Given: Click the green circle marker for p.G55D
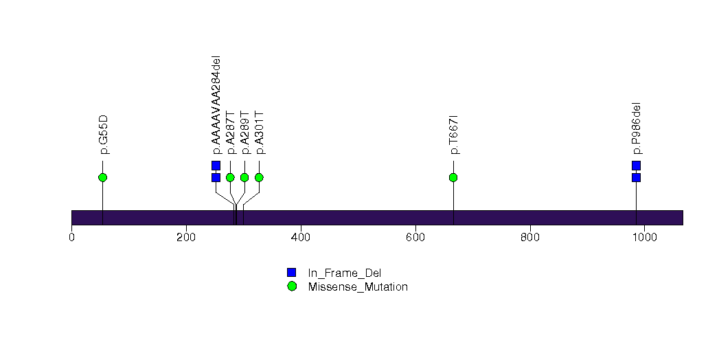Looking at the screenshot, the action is click(103, 177).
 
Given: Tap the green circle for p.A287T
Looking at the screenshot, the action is click(230, 177).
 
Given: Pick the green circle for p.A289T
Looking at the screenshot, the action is click(244, 177).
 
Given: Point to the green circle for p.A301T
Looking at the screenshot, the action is click(259, 177).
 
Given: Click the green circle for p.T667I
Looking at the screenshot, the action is click(453, 177).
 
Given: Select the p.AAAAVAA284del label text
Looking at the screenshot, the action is click(216, 105).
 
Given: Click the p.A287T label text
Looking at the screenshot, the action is click(231, 133).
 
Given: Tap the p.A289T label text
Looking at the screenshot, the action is click(245, 133).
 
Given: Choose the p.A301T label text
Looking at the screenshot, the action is click(260, 133).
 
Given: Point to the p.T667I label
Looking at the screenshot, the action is click(454, 135).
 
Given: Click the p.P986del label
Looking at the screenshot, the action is click(637, 129).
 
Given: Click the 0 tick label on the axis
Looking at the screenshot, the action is click(71, 238).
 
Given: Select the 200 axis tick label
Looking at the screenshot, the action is click(186, 238).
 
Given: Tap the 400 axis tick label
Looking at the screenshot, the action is click(301, 238).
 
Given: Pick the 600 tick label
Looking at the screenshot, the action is click(415, 238).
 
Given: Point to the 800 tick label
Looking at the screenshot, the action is click(530, 238).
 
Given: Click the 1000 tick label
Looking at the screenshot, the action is click(645, 238).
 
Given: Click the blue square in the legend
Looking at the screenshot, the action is click(292, 273).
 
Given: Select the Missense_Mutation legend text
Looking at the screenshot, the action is click(358, 287).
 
